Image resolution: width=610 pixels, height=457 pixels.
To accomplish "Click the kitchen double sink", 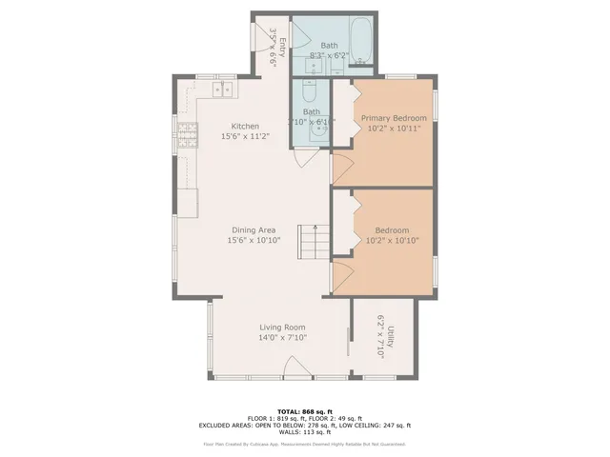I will (x=223, y=90).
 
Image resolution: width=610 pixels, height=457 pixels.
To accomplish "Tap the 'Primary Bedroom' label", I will (x=393, y=118).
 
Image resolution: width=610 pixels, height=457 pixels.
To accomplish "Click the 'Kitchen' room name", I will (x=245, y=126).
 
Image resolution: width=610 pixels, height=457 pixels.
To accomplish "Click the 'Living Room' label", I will (x=281, y=327).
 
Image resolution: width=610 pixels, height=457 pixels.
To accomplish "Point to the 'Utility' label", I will (x=390, y=338).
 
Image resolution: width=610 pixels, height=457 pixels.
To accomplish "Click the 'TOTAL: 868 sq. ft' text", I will (x=304, y=409).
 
